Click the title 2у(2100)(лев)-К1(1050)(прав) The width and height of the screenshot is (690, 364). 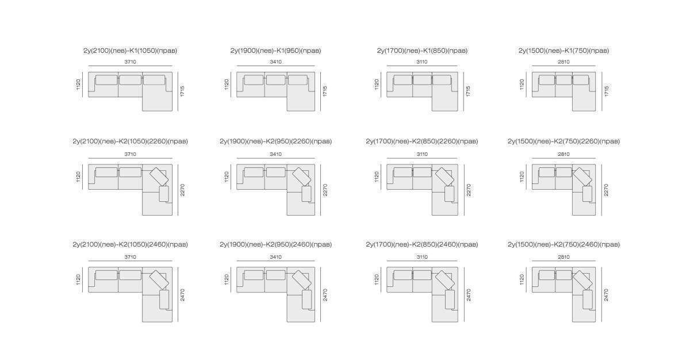pos(131,51)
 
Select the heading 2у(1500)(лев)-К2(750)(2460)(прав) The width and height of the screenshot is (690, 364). pos(563,244)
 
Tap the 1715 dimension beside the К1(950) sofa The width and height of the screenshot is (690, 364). pos(325,91)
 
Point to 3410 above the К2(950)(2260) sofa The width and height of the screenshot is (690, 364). pos(275,154)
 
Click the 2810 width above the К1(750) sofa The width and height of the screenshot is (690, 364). pos(563,62)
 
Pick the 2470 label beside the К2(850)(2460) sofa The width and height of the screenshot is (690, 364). pos(469,295)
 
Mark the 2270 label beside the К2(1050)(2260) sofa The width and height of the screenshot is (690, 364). pos(182,190)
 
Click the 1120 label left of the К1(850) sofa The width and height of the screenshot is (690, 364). pos(377,85)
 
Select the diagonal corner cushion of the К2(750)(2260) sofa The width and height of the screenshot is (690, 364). pos(582,177)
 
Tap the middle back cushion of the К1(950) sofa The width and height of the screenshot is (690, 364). pos(275,80)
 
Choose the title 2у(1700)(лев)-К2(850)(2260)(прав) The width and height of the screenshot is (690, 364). pos(422,141)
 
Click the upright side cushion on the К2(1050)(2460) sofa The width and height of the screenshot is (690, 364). pos(164,300)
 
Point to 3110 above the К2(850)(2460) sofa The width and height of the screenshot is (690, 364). pos(422,257)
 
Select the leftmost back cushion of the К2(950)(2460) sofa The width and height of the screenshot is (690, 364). pos(254,275)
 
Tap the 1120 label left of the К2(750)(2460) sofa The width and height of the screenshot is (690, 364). pos(522,279)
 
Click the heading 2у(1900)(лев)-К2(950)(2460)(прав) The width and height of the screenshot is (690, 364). pos(275,244)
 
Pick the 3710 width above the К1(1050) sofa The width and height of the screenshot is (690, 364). pos(131,62)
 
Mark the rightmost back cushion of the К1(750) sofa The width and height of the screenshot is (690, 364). pos(581,80)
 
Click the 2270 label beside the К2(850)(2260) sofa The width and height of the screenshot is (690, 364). pos(469,190)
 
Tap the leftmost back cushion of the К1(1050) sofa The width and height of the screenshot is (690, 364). pos(106,80)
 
